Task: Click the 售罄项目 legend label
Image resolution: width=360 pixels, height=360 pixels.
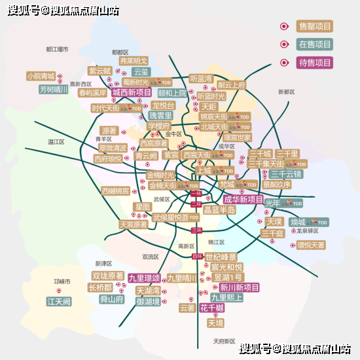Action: (x=315, y=26)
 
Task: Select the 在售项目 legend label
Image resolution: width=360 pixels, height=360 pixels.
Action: (x=315, y=45)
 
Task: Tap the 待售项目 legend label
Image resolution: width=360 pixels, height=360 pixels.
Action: (x=315, y=63)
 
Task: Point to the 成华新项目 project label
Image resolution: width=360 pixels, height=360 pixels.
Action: (x=243, y=200)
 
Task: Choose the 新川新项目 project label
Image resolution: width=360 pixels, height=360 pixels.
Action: (x=239, y=287)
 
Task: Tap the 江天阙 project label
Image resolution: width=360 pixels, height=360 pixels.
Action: (x=59, y=302)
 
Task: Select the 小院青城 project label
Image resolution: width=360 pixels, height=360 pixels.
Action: (x=41, y=77)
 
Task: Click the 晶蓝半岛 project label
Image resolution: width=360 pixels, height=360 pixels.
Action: (x=219, y=210)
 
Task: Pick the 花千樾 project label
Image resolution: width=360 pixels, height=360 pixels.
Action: (x=212, y=308)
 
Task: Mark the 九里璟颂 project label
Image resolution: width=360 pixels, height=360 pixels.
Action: (x=145, y=278)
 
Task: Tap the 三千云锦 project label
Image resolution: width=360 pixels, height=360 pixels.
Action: (x=286, y=174)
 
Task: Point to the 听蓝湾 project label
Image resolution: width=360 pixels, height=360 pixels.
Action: (x=201, y=78)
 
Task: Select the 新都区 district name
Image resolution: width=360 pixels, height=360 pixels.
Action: (x=287, y=92)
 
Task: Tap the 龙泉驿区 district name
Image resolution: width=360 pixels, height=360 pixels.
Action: (x=307, y=231)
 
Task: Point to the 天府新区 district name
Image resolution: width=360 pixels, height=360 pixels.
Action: (x=224, y=341)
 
